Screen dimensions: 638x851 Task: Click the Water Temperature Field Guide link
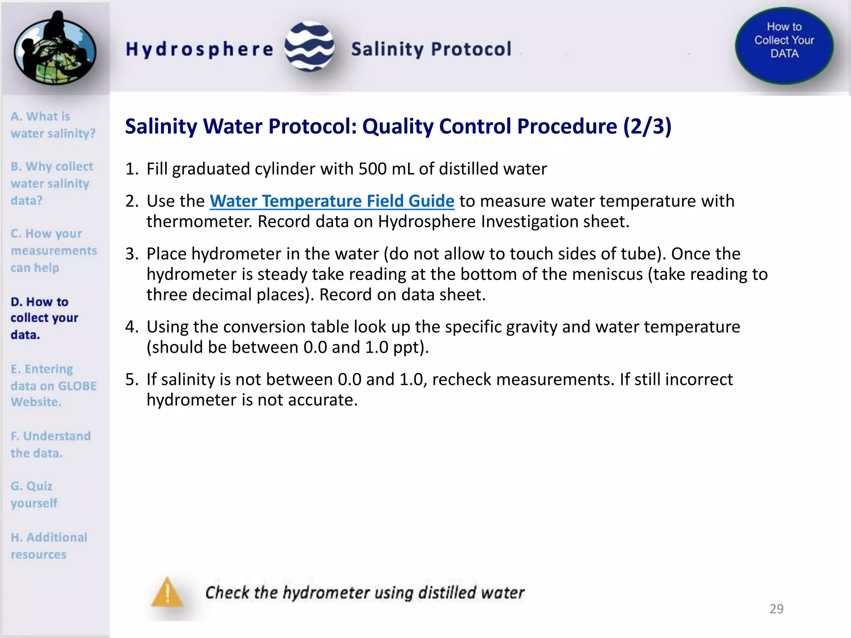332,201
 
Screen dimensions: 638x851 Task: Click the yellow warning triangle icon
167,592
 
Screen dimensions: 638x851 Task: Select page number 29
776,609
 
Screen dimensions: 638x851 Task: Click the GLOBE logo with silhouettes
55,48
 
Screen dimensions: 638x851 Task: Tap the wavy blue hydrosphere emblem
310,47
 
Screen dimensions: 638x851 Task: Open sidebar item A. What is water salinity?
52,125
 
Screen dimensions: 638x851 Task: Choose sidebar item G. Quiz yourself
34,494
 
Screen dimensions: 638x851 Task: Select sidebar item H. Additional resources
49,546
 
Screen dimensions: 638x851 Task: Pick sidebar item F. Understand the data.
50,444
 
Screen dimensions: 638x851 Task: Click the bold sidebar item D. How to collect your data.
44,318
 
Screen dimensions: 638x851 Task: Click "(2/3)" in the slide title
647,126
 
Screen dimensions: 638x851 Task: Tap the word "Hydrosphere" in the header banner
199,49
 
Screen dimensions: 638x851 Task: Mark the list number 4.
132,327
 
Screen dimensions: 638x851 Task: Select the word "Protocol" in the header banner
471,49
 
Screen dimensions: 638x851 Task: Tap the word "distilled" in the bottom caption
446,593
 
